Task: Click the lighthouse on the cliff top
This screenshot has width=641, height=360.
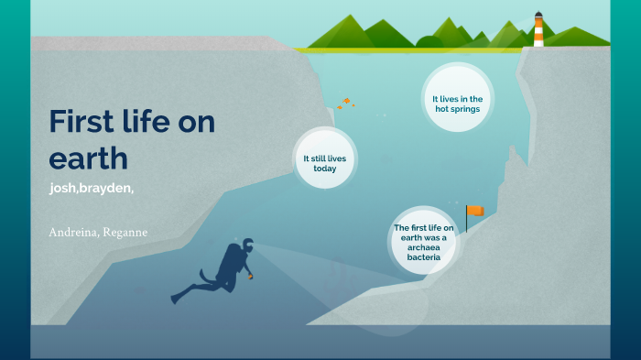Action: point(538,29)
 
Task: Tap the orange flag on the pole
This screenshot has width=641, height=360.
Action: point(474,212)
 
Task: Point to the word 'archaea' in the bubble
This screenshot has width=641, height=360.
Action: point(430,246)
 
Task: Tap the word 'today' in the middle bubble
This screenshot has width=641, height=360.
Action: point(324,169)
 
